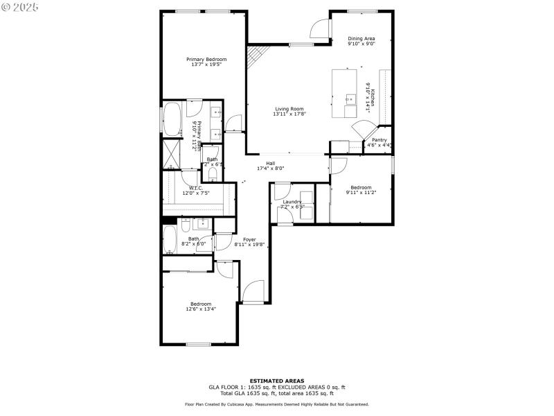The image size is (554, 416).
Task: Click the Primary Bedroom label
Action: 206,60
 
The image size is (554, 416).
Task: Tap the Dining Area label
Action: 361,38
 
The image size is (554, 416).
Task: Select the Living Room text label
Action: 289,109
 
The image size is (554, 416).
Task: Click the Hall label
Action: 271,164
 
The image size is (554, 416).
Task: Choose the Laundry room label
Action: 292,202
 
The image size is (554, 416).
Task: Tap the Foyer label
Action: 249,239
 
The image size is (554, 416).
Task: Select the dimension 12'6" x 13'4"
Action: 201,309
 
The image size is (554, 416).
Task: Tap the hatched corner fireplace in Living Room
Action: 256,55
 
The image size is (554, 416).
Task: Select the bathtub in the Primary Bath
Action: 172,119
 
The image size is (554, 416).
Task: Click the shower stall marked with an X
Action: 171,153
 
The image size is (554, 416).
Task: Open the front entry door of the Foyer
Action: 253,291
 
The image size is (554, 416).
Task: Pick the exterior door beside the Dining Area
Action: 319,28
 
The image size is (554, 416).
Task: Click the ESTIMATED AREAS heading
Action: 276,381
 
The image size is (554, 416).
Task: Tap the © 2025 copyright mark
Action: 20,6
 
